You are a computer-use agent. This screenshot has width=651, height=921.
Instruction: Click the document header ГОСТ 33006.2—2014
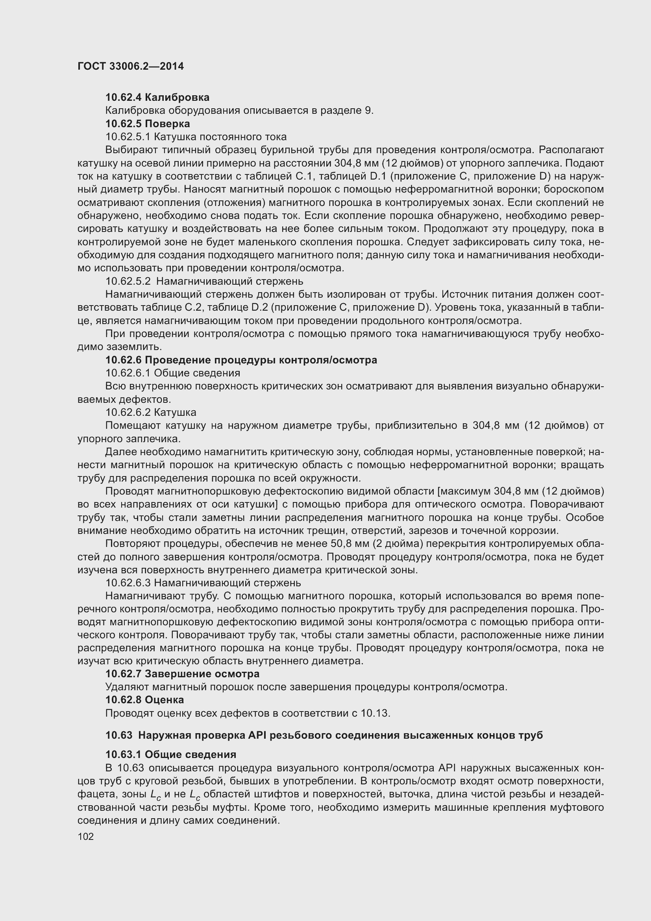coord(131,67)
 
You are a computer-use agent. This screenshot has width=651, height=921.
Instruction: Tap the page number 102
coord(86,836)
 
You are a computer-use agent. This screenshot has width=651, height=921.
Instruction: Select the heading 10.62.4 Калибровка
coord(157,98)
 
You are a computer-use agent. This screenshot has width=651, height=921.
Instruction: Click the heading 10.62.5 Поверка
coord(148,124)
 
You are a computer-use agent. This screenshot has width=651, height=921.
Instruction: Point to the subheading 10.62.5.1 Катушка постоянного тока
coord(196,137)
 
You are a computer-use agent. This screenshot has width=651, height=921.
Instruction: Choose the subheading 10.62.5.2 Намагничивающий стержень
coord(204,281)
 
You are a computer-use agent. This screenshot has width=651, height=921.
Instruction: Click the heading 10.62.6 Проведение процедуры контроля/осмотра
coord(241,360)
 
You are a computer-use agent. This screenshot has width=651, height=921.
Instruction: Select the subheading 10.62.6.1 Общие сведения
coord(173,373)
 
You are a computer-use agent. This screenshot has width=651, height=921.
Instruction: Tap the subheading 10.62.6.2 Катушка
coord(151,412)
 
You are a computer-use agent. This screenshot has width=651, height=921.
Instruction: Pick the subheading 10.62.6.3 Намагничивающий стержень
coord(203,582)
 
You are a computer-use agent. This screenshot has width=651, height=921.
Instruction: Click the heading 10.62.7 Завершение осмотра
coord(182,673)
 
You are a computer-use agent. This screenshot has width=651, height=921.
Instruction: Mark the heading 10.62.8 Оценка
coord(145,700)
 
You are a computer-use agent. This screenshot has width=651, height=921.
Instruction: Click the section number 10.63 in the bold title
coord(118,735)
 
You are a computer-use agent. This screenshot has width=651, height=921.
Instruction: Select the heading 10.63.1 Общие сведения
coord(171,754)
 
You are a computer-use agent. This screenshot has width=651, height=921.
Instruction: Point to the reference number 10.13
coord(375,713)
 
